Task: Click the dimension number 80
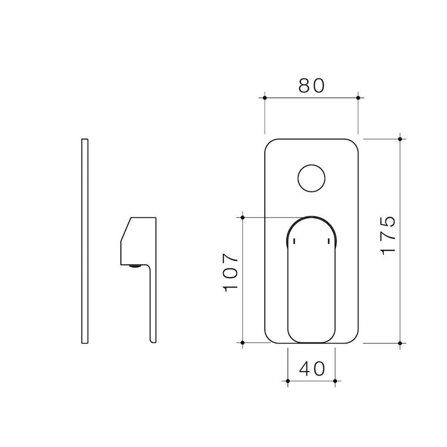pyautogui.click(x=312, y=86)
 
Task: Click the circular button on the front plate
pyautogui.click(x=312, y=178)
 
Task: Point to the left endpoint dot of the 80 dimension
pyautogui.click(x=265, y=98)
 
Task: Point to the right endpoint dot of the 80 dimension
pyautogui.click(x=358, y=98)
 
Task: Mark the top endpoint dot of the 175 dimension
pyautogui.click(x=400, y=139)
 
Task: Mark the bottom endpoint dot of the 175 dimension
pyautogui.click(x=400, y=343)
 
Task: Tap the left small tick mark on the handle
pyautogui.click(x=295, y=241)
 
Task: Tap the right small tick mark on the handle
pyautogui.click(x=328, y=241)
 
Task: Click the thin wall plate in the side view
pyautogui.click(x=85, y=241)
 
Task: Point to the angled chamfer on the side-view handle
pyautogui.click(x=126, y=229)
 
